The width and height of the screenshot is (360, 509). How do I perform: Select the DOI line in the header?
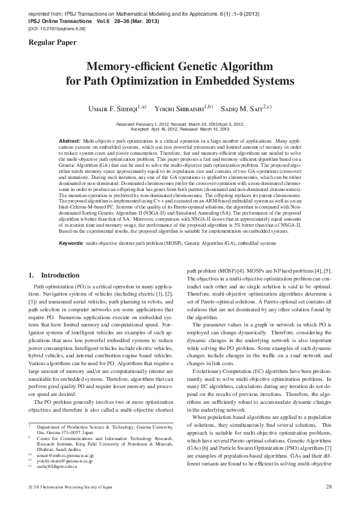[x=54, y=28]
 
